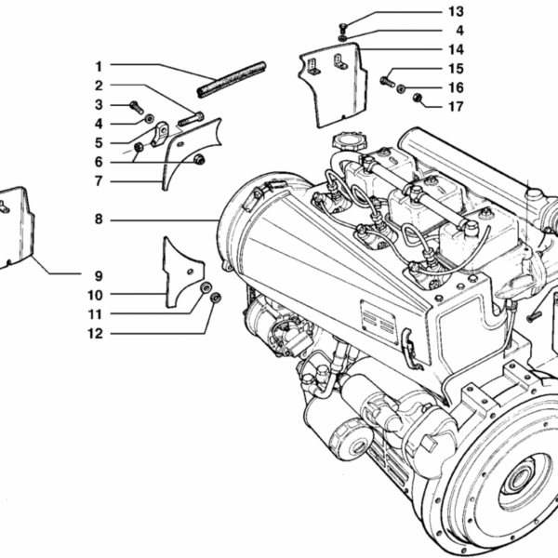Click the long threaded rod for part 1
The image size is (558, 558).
(230, 78)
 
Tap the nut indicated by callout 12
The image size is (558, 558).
(215, 299)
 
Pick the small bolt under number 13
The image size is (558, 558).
(342, 25)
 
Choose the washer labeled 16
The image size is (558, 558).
(402, 89)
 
